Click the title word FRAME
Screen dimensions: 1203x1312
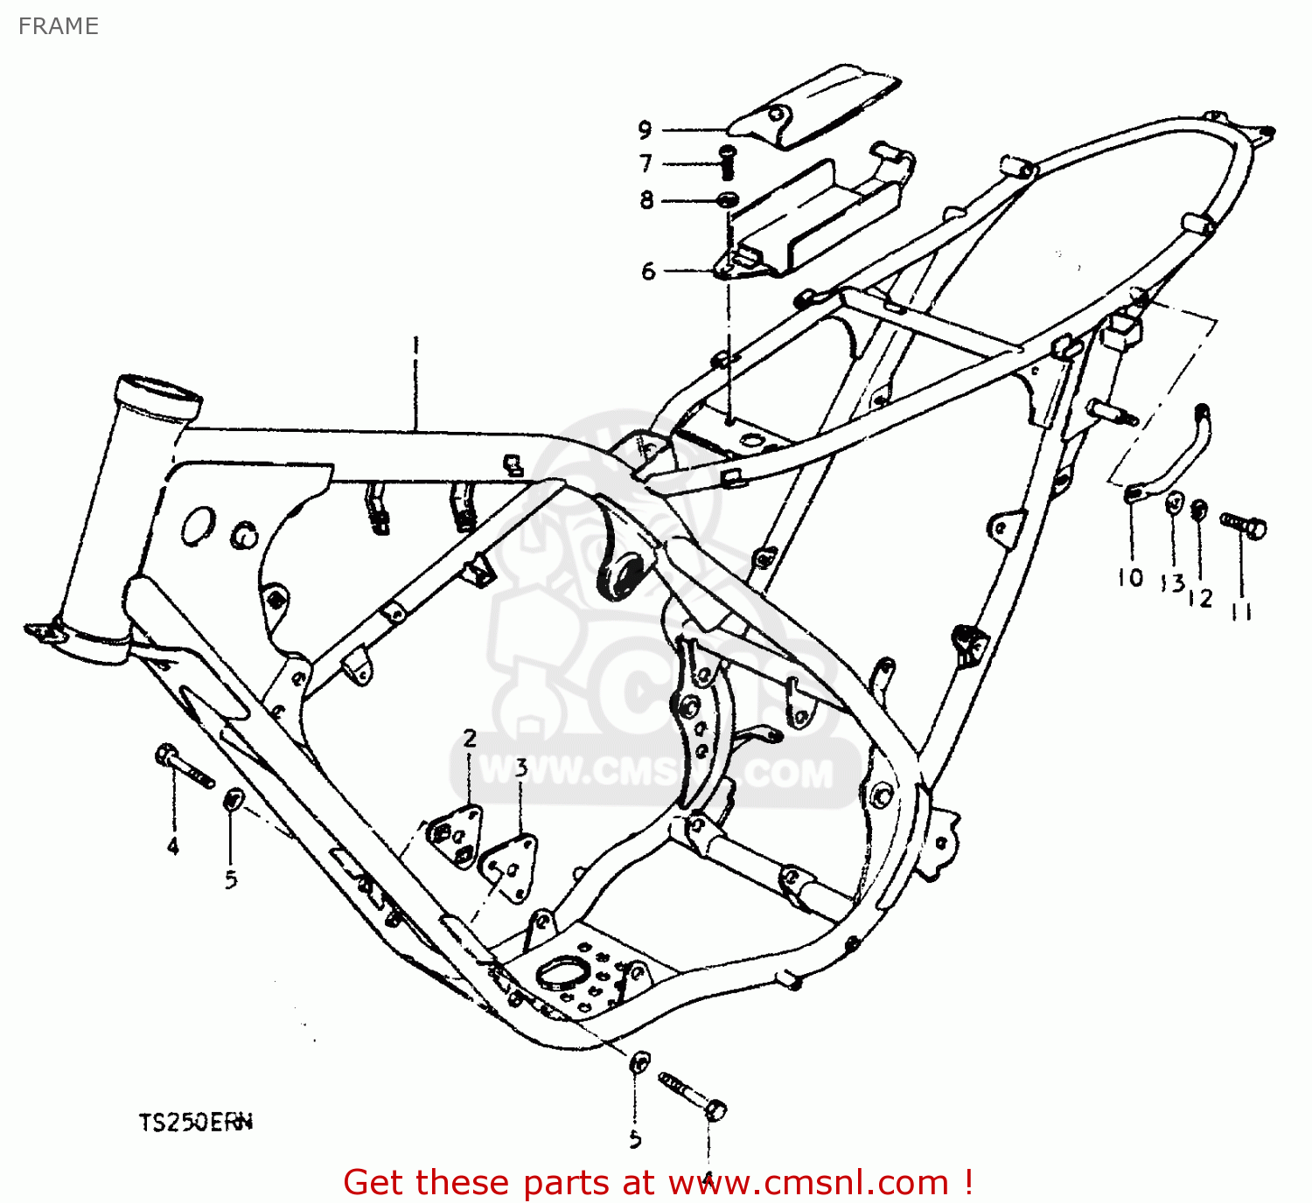click(58, 26)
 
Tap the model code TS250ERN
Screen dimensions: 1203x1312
click(195, 1122)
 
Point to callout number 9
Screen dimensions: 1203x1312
click(645, 130)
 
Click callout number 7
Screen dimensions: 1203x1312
click(646, 163)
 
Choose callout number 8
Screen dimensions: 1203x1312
click(646, 200)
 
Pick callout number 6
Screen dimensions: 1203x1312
click(648, 271)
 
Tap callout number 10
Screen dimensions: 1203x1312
click(1130, 578)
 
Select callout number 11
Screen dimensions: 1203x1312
click(1241, 611)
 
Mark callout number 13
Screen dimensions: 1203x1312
click(1173, 583)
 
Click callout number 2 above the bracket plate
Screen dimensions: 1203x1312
click(470, 739)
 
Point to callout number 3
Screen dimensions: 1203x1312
click(521, 768)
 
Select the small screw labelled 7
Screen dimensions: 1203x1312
click(726, 162)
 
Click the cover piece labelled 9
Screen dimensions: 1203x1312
click(813, 103)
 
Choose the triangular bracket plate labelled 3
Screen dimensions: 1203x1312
click(510, 866)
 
